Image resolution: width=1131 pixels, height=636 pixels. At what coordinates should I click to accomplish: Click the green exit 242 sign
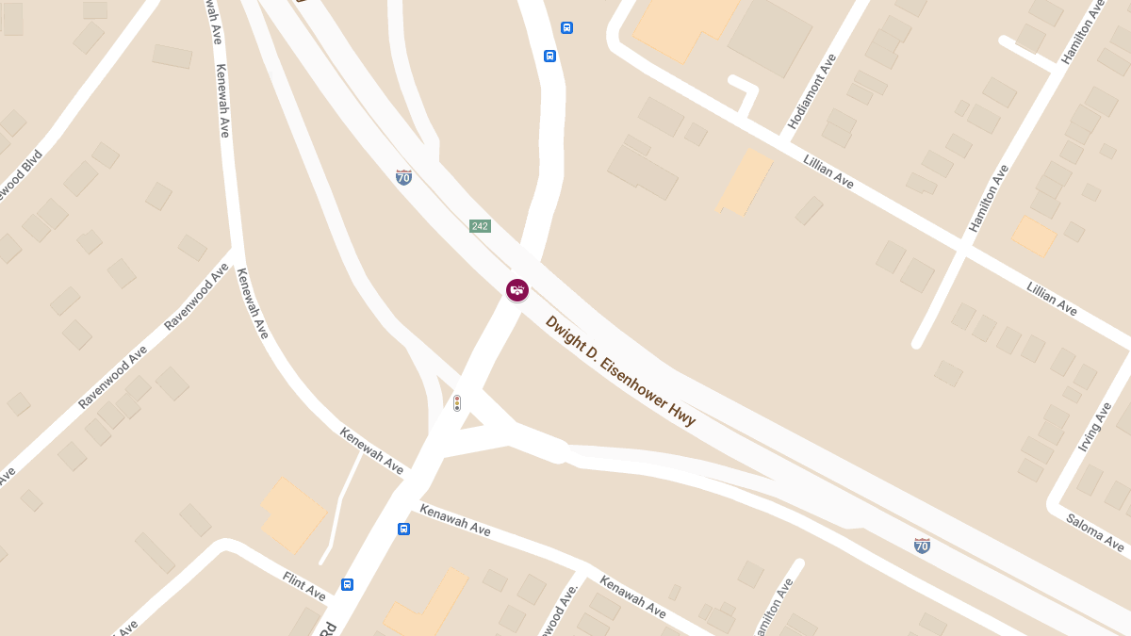[480, 226]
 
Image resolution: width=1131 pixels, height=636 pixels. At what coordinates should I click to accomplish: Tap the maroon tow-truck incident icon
[516, 290]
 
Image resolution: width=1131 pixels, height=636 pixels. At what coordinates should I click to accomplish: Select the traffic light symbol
[457, 403]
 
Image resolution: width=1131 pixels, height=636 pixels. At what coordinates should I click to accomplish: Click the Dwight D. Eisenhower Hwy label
[620, 370]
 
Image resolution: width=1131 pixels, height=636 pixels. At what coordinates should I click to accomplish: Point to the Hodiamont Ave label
[811, 91]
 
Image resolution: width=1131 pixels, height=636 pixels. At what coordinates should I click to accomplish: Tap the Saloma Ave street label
[1095, 532]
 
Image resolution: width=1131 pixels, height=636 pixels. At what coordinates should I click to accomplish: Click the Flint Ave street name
[303, 585]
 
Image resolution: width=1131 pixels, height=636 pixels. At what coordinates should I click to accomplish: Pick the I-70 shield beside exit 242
[403, 176]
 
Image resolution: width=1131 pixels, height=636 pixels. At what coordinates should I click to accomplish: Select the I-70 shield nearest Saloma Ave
[922, 545]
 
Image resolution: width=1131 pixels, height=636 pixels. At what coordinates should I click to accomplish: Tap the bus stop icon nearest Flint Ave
[347, 584]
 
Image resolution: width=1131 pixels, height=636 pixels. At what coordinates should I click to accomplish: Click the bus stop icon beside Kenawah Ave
[403, 529]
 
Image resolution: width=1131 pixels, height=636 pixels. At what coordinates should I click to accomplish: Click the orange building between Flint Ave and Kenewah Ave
[293, 514]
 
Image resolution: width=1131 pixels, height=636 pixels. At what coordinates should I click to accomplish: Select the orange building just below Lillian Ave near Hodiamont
[745, 182]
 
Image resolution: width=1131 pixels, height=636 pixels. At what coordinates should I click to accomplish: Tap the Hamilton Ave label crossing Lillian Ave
[989, 198]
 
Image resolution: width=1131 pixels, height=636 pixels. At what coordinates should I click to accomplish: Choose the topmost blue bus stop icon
[566, 27]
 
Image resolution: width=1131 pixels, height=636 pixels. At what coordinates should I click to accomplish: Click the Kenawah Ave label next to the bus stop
[455, 519]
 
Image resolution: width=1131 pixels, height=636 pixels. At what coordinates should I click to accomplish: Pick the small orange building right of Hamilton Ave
[1034, 236]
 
